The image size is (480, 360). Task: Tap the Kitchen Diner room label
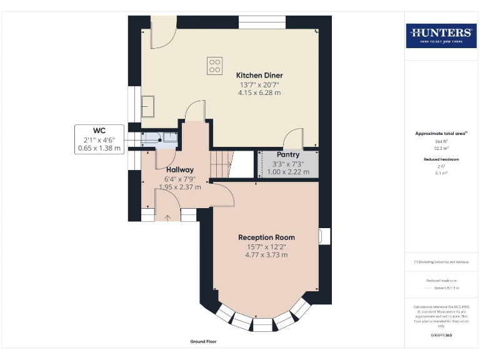pyautogui.click(x=259, y=76)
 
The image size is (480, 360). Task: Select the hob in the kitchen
pyautogui.click(x=215, y=66)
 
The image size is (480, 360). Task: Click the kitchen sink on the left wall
pyautogui.click(x=149, y=106)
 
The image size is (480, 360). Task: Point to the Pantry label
pyautogui.click(x=288, y=154)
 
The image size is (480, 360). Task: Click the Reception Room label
pyautogui.click(x=266, y=237)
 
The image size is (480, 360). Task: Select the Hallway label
pyautogui.click(x=179, y=169)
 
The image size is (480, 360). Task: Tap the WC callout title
pyautogui.click(x=99, y=130)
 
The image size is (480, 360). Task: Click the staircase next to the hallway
pyautogui.click(x=221, y=164)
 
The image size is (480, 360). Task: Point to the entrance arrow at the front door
pyautogui.click(x=167, y=217)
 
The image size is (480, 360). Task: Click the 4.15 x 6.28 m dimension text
pyautogui.click(x=259, y=92)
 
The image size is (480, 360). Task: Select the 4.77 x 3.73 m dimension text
pyautogui.click(x=266, y=255)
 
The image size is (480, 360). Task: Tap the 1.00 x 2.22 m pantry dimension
pyautogui.click(x=288, y=172)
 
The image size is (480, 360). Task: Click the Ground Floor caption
pyautogui.click(x=203, y=342)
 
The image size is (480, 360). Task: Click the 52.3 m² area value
pyautogui.click(x=441, y=148)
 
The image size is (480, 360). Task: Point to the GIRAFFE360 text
pyautogui.click(x=441, y=336)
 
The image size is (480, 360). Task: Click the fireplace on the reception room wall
pyautogui.click(x=321, y=236)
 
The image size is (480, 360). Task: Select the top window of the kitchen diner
pyautogui.click(x=262, y=22)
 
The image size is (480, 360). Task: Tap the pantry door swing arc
pyautogui.click(x=292, y=137)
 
